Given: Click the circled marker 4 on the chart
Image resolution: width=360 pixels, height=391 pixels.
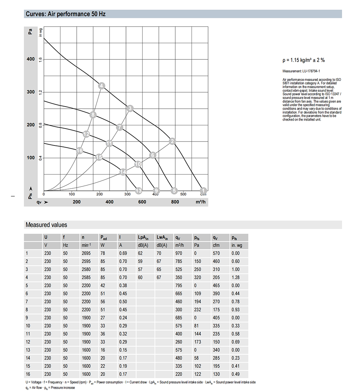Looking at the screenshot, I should [102, 86].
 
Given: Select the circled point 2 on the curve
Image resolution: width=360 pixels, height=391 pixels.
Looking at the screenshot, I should [172, 141].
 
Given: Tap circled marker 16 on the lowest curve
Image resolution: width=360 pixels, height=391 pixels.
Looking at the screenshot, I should [80, 150].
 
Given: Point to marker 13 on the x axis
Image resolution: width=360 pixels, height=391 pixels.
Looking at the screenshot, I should [139, 190].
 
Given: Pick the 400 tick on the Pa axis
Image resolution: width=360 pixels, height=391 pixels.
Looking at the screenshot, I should [31, 59].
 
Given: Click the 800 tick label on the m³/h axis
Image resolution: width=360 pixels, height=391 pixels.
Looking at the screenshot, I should [175, 202].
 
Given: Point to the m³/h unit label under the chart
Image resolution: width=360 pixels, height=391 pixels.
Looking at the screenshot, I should [201, 202].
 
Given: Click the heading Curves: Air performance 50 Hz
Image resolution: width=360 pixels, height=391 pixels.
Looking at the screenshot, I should [66, 14].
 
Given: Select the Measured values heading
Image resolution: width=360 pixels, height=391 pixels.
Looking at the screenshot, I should [46, 225].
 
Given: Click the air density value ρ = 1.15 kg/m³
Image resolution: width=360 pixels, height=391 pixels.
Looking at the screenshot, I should [303, 60].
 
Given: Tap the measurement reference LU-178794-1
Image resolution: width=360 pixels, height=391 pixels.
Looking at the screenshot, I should [301, 71].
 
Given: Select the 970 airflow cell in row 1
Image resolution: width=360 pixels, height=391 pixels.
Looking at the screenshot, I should [179, 253].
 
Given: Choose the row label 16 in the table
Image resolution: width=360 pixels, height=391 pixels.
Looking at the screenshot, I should [28, 374].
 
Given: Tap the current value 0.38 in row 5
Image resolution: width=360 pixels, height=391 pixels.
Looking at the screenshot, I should [123, 286].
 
